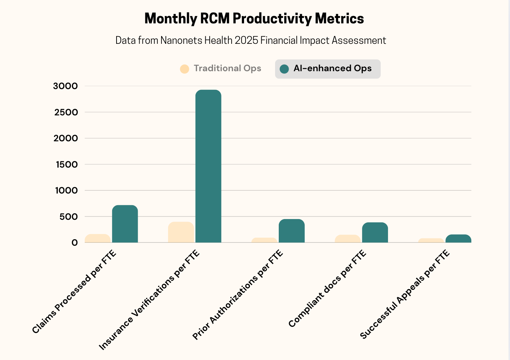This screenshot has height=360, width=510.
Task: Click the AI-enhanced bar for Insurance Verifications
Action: tap(208, 166)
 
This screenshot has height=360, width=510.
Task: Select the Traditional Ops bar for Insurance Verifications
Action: tap(181, 232)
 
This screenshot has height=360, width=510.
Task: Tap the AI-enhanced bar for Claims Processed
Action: tap(125, 224)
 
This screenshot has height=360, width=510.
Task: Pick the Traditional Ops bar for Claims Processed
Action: tap(98, 238)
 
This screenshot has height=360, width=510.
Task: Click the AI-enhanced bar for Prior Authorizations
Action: tap(292, 231)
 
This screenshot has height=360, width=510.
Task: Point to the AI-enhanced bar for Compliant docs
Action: tap(375, 233)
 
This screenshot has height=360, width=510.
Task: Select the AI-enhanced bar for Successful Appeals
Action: tap(458, 239)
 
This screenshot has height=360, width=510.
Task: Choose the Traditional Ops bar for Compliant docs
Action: tap(347, 239)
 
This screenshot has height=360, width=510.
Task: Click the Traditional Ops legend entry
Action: tap(221, 69)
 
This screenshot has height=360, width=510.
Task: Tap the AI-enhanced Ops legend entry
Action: tap(327, 69)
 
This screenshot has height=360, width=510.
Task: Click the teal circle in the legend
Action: tap(284, 69)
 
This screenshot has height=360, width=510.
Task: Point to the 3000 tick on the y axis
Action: tap(66, 86)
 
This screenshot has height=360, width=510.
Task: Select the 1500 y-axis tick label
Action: tap(67, 165)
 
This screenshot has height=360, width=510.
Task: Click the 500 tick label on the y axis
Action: tap(69, 217)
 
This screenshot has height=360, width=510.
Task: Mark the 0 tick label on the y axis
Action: tap(75, 243)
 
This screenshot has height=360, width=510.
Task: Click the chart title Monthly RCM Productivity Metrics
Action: tap(254, 19)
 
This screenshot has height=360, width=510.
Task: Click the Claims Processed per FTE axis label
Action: tap(74, 292)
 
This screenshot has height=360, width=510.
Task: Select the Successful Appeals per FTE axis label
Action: tap(405, 295)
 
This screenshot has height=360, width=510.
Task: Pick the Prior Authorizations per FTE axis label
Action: tap(237, 295)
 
